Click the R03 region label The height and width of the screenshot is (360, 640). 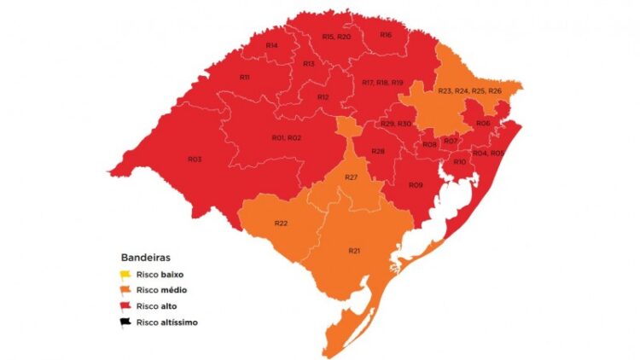[195, 159]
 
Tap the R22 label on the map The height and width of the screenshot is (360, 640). [281, 223]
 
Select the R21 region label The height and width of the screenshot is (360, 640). [354, 250]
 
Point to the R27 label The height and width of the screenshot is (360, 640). [350, 177]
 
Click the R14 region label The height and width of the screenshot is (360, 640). [271, 45]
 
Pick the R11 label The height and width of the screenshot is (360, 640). [244, 77]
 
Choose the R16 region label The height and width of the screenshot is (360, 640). [386, 34]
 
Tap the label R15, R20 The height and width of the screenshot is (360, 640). [336, 37]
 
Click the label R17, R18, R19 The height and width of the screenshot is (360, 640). [382, 82]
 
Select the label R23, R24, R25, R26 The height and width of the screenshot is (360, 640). [469, 90]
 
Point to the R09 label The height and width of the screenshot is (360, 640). [416, 184]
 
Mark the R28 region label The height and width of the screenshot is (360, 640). [378, 151]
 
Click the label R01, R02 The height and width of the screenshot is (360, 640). [286, 137]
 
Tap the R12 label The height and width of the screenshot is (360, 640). [323, 97]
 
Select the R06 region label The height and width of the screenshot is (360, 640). [483, 124]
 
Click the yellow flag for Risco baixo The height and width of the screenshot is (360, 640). [125, 275]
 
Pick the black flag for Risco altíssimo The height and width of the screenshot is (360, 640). [125, 322]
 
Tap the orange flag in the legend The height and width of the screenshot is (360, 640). [125, 290]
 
